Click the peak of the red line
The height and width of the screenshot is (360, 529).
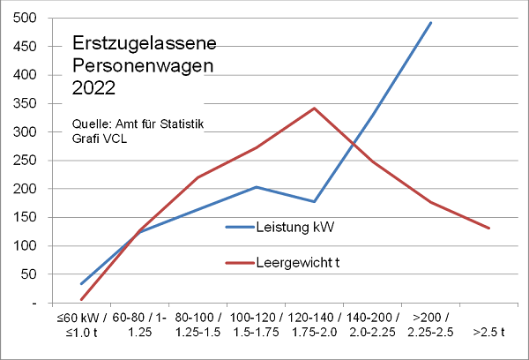[314, 109]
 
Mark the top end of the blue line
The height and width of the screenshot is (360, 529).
[430, 23]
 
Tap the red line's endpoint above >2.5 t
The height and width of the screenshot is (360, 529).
[488, 229]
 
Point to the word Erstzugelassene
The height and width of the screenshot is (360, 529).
[143, 44]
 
